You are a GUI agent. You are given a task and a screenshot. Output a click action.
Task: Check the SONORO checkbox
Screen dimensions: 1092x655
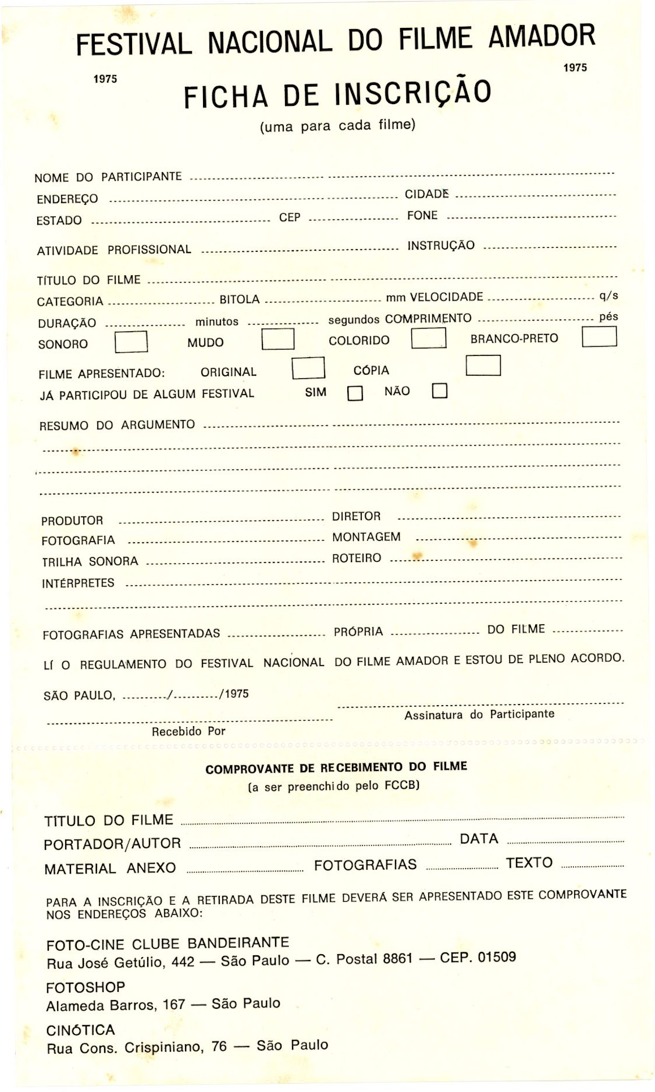(131, 342)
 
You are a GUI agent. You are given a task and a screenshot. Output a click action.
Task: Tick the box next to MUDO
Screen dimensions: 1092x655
(277, 339)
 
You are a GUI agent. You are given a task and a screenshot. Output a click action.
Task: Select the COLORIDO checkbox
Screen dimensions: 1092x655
(428, 338)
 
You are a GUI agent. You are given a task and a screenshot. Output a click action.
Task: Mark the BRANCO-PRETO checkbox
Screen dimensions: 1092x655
(599, 336)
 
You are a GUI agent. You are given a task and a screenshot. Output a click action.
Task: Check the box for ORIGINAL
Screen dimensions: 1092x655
(308, 368)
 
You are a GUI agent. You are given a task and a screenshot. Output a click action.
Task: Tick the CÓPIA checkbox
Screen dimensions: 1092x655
(483, 365)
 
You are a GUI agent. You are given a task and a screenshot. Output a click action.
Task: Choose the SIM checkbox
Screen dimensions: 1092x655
(355, 394)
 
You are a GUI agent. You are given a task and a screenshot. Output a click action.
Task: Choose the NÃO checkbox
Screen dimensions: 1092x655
(440, 390)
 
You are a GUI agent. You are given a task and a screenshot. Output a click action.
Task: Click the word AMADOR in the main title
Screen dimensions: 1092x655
(541, 37)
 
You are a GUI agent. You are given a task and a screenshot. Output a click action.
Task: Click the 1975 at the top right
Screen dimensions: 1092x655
(575, 67)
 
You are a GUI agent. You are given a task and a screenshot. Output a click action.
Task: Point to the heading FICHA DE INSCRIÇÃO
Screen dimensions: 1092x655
(337, 94)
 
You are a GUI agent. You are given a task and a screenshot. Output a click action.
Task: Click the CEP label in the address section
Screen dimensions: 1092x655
(289, 218)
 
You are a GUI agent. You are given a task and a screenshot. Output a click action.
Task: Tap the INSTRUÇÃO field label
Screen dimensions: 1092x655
(440, 246)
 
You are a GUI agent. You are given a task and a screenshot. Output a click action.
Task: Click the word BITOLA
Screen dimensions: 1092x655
(239, 300)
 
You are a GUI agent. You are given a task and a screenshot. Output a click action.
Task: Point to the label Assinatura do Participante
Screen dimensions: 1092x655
(479, 714)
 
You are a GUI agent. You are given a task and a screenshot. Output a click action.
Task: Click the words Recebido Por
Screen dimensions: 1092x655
(188, 731)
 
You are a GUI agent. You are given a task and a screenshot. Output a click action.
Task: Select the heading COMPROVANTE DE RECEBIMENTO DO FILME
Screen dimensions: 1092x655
(336, 768)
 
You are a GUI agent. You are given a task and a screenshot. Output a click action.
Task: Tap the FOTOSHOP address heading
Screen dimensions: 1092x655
(86, 987)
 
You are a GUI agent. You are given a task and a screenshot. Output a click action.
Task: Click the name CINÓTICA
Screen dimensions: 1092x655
(80, 1030)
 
